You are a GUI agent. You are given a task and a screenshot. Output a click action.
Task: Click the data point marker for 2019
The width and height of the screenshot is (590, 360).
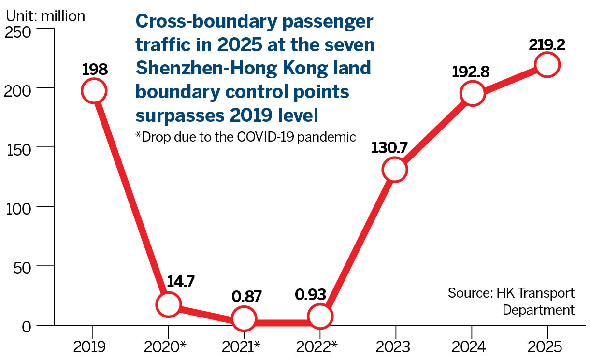click(93, 91)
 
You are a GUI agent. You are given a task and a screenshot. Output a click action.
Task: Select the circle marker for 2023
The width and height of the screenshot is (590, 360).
click(394, 170)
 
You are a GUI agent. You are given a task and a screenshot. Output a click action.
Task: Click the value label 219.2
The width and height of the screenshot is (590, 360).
click(547, 45)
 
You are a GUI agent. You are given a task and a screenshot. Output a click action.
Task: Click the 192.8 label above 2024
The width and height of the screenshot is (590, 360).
click(471, 72)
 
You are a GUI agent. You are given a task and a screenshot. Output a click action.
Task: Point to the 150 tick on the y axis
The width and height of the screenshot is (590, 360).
click(19, 147)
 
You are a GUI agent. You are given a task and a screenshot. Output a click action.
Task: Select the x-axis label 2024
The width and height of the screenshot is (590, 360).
click(471, 347)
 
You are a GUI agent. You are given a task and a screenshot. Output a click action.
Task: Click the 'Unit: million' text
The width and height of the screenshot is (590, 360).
click(45, 16)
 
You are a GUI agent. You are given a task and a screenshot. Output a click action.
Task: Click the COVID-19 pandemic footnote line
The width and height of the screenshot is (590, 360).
click(245, 137)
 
